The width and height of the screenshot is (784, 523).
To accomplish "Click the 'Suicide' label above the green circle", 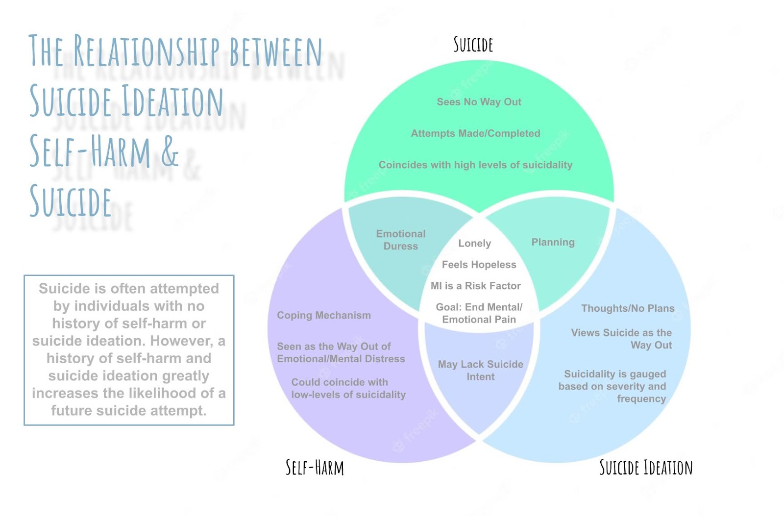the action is (473, 45).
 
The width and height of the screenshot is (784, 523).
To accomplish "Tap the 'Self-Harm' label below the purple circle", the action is (315, 467).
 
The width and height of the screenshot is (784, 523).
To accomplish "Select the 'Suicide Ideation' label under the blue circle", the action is (646, 468).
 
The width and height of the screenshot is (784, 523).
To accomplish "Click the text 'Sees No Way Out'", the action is (479, 102).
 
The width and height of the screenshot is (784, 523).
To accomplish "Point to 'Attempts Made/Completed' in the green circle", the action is (475, 133).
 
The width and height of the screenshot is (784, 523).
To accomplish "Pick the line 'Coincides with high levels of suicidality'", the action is (475, 165).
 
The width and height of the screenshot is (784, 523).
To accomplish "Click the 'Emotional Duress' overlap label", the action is (401, 240).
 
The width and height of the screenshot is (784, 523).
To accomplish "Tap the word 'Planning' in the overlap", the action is (553, 242).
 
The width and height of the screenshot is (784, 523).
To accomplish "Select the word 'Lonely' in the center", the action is (474, 243).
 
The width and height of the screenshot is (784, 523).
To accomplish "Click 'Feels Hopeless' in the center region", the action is (479, 265).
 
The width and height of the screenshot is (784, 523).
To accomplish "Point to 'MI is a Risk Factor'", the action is (475, 286).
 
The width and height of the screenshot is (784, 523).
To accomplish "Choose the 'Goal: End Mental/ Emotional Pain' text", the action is (479, 313).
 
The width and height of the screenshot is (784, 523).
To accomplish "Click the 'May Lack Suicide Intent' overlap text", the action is (480, 371).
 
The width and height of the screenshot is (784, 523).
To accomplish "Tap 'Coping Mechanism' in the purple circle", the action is (323, 315).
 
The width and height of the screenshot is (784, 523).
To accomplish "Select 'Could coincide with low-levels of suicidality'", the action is (348, 388).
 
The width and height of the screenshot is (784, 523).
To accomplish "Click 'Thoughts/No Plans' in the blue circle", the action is (627, 308).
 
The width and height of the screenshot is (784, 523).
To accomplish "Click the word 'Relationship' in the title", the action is (147, 51).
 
